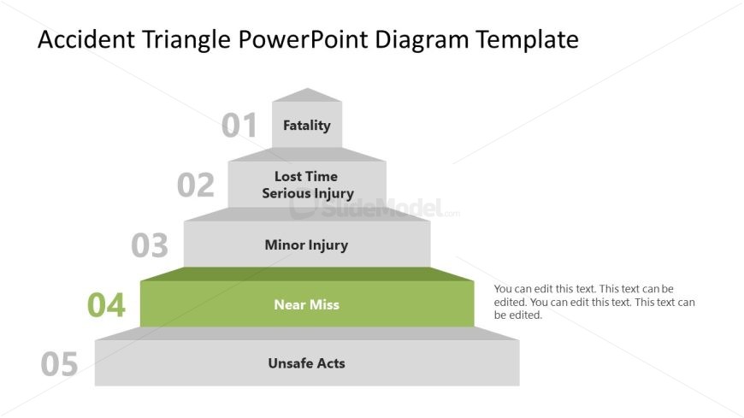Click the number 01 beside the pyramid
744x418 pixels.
coord(239,126)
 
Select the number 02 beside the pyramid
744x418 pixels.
coord(195,185)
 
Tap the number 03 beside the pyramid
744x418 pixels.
coord(150,245)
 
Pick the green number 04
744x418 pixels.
coord(106,305)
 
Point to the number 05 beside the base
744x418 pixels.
coord(59,364)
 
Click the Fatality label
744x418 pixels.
coord(306,126)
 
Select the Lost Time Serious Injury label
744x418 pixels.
coord(307,185)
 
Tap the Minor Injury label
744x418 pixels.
coord(306,245)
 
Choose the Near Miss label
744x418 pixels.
coord(306,305)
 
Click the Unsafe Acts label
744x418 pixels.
coord(306,363)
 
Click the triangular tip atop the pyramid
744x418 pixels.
coord(307,95)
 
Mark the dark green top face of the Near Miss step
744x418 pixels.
coord(307,274)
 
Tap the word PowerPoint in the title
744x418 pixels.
coord(306,39)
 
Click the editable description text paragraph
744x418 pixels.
coord(594,302)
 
